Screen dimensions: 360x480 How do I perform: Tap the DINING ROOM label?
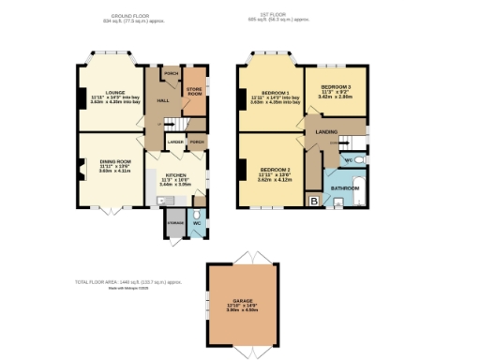pos(115,162)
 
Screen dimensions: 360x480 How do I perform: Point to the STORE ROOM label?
pos(194,92)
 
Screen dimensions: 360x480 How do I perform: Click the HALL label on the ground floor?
pos(162,99)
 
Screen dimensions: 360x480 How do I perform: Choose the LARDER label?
pos(174,142)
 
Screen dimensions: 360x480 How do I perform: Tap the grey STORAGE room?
pos(175,223)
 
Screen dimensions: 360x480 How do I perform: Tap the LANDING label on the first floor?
pos(327,132)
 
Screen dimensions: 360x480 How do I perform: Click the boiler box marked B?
pos(313,200)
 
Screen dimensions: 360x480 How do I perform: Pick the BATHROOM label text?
pos(344,187)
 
